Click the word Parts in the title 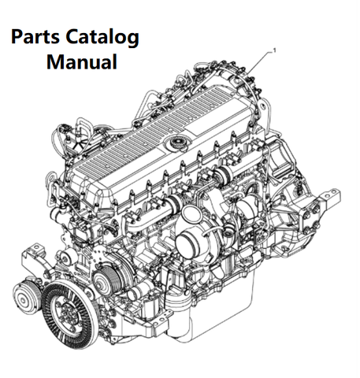pyautogui.click(x=35, y=37)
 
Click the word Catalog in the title pyautogui.click(x=102, y=39)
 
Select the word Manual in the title pyautogui.click(x=82, y=61)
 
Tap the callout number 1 pyautogui.click(x=275, y=50)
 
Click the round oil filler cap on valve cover pyautogui.click(x=177, y=143)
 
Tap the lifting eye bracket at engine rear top pyautogui.click(x=264, y=109)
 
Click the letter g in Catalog pyautogui.click(x=134, y=40)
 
